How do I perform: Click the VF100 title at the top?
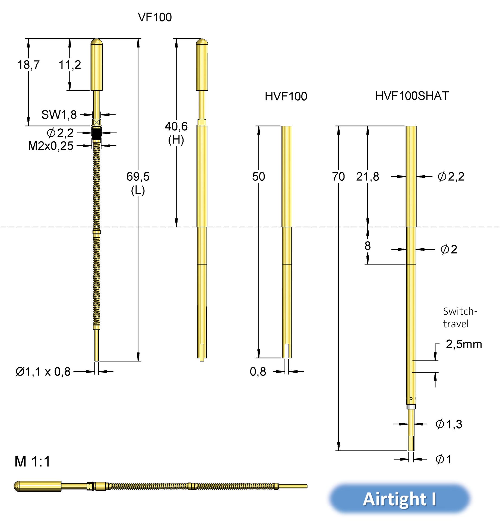point(155,17)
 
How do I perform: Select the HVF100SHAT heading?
point(412,96)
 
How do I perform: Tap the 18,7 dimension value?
point(29,65)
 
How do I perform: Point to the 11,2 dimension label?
point(70,65)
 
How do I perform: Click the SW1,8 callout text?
point(59,115)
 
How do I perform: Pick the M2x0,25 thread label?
point(51,146)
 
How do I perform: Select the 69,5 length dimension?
point(138,177)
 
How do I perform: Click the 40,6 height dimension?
point(176,126)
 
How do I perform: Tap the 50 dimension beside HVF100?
point(258,177)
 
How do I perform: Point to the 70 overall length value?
point(338,177)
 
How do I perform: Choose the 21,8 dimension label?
point(368,177)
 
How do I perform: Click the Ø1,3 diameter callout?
point(449,424)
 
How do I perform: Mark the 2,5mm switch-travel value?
point(464,344)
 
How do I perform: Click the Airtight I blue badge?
point(400,499)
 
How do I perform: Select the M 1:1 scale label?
point(32,462)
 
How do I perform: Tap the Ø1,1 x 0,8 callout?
point(43,371)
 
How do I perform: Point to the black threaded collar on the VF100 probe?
point(97,133)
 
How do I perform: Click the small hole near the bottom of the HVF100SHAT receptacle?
point(411,398)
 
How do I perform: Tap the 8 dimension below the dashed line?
point(368,246)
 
